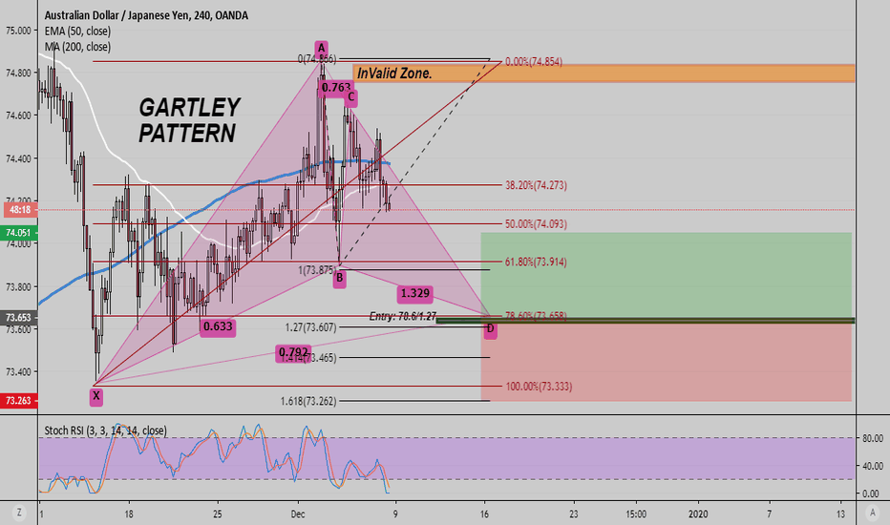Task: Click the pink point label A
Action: pyautogui.click(x=322, y=48)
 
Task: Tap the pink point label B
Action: pyautogui.click(x=339, y=279)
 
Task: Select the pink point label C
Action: pyautogui.click(x=351, y=96)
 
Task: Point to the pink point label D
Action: pyautogui.click(x=491, y=329)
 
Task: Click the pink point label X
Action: pyautogui.click(x=95, y=394)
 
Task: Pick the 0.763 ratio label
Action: pyautogui.click(x=336, y=88)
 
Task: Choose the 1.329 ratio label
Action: pyautogui.click(x=414, y=293)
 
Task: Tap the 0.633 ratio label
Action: pyautogui.click(x=219, y=326)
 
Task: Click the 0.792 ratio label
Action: pyautogui.click(x=294, y=353)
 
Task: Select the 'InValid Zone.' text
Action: pyautogui.click(x=394, y=73)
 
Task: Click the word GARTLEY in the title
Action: pyautogui.click(x=190, y=107)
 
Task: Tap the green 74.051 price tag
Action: pyautogui.click(x=18, y=232)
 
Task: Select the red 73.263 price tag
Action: pyautogui.click(x=18, y=402)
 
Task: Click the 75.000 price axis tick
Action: pyautogui.click(x=19, y=31)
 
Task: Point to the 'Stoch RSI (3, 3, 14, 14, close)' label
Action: pyautogui.click(x=104, y=431)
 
